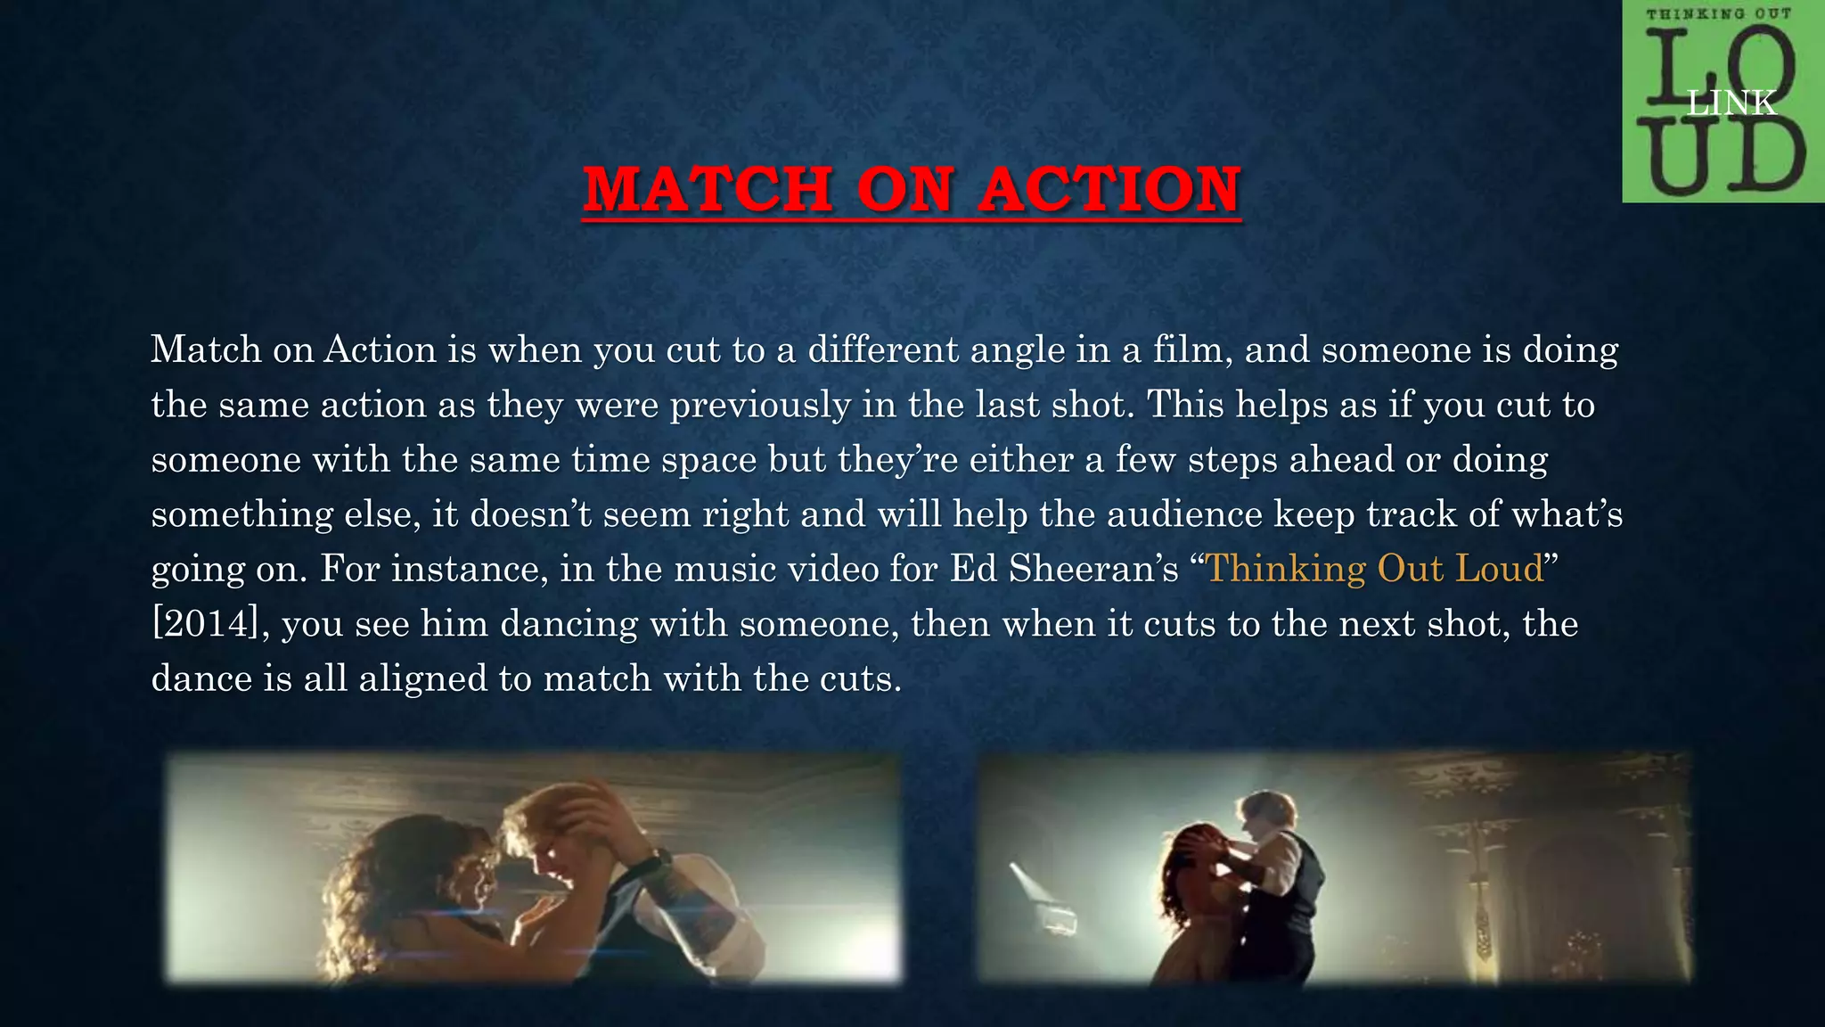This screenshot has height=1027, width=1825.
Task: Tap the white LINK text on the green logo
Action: (1731, 103)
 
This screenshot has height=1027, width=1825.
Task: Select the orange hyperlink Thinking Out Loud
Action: (1373, 569)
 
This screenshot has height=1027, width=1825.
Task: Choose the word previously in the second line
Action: (760, 405)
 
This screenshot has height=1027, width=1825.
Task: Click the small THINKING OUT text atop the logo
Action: (1718, 14)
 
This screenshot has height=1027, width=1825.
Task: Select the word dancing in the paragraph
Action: (569, 623)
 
